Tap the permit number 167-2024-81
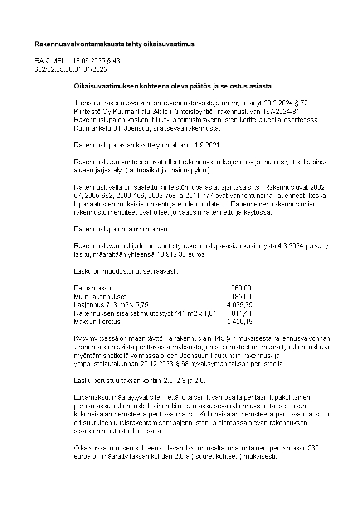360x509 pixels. click(281, 111)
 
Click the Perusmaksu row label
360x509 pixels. click(92, 288)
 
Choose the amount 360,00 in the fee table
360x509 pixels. click(241, 288)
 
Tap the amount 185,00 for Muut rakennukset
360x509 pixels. click(241, 296)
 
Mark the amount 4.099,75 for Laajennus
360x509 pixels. click(239, 305)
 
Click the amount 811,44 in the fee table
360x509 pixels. click(241, 313)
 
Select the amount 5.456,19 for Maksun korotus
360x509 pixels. click(239, 322)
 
